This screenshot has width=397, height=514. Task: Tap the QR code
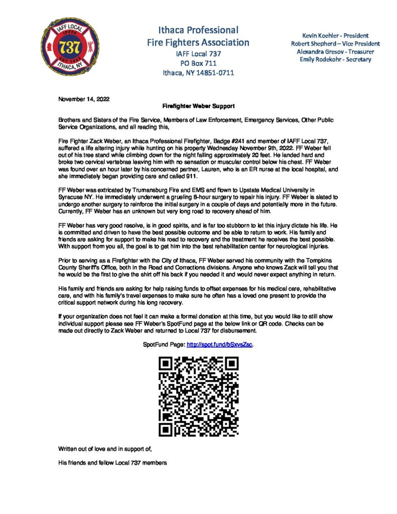pyautogui.click(x=198, y=396)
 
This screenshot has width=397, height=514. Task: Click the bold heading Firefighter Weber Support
pyautogui.click(x=198, y=106)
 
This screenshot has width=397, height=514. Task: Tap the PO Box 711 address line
pyautogui.click(x=198, y=63)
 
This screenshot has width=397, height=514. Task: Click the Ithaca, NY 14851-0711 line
pyautogui.click(x=198, y=72)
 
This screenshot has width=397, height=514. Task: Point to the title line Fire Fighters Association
pyautogui.click(x=198, y=42)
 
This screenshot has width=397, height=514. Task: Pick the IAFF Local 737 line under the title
pyautogui.click(x=198, y=53)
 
